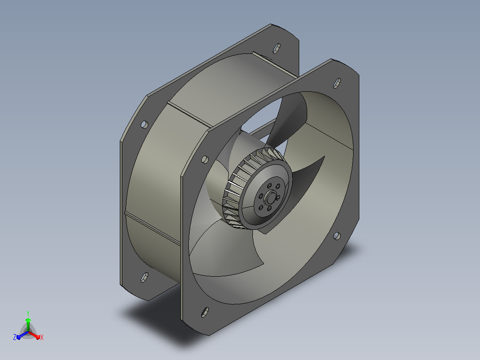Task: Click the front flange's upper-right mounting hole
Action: coord(337,83)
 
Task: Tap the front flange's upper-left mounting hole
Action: coord(205,160)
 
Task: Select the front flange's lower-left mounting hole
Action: coord(205,312)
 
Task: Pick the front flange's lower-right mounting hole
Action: coord(337,236)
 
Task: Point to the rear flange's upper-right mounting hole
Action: coord(277,48)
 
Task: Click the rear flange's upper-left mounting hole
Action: coord(144,125)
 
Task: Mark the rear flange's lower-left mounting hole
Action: coord(144,277)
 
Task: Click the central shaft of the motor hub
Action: coord(270,198)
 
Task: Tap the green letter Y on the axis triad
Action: coord(28,314)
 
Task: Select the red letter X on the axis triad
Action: coord(42,337)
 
